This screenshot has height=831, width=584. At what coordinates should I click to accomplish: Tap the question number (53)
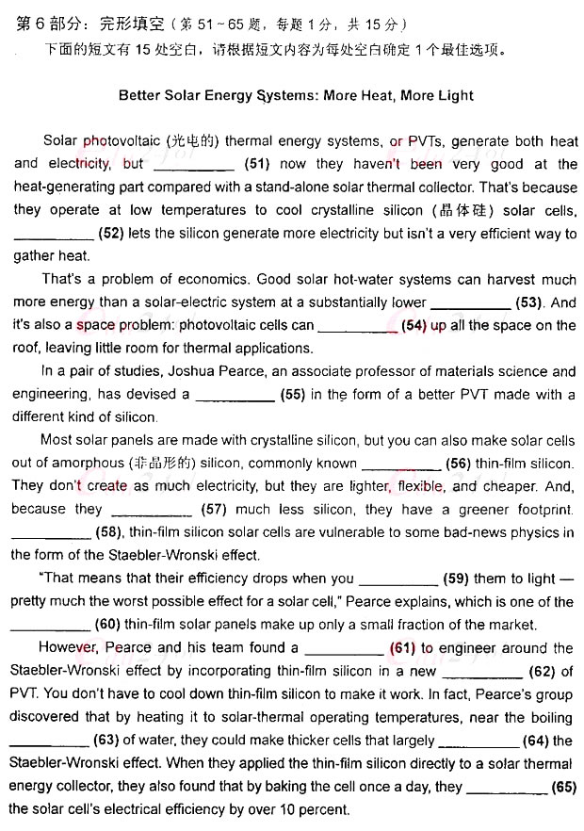[x=530, y=302]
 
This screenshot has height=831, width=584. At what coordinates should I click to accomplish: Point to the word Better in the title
[x=140, y=95]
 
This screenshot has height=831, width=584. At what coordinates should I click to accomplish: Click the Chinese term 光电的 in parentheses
[x=193, y=141]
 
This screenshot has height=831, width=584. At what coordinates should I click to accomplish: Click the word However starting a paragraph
[x=68, y=648]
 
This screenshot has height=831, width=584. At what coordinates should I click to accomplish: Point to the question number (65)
[x=564, y=787]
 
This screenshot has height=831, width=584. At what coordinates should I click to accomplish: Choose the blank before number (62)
[x=481, y=672]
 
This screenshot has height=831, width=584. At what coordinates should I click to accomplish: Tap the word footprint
[x=538, y=510]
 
